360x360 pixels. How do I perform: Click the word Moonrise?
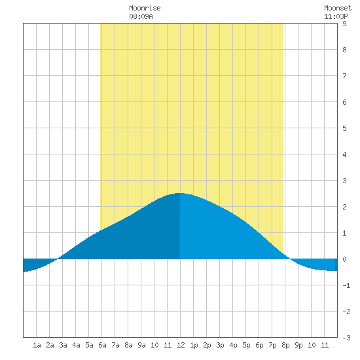tap(145, 8)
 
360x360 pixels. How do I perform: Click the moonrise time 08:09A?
tap(141, 16)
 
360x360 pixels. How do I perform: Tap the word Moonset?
tap(338, 8)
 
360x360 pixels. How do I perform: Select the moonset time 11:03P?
tap(336, 16)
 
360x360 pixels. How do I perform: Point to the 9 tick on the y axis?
tap(344, 24)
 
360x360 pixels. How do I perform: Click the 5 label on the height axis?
tap(344, 128)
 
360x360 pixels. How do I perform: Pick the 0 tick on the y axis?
tap(344, 259)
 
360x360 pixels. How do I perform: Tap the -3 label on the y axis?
tap(346, 338)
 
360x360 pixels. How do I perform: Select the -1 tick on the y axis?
tap(346, 285)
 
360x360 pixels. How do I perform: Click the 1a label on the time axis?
tap(37, 345)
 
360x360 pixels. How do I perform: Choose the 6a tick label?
tap(102, 345)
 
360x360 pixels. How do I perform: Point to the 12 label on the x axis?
tap(181, 345)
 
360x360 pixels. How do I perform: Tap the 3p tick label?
tap(220, 345)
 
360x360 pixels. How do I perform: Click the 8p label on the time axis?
tap(285, 345)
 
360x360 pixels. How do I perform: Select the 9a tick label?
tap(141, 345)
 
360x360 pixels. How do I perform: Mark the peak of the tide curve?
tap(180, 193)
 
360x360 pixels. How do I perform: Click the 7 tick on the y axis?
tap(344, 76)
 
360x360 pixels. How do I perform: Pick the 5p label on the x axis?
tap(246, 345)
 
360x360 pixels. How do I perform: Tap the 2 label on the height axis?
tap(344, 207)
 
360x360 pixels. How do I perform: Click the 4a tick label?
tap(76, 345)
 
